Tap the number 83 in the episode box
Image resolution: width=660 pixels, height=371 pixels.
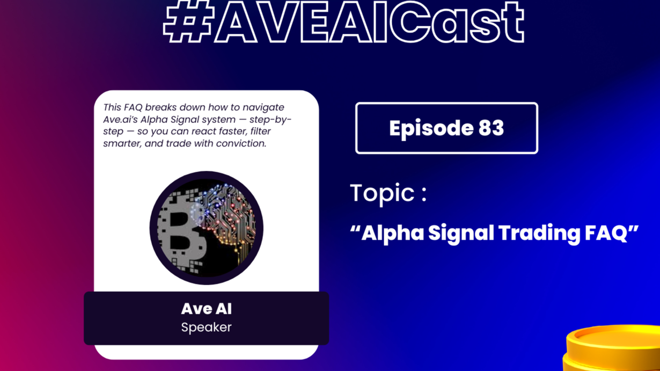tap(491, 128)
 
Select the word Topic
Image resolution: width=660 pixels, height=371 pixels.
tap(382, 193)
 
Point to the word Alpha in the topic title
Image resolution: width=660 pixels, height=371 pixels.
tap(393, 234)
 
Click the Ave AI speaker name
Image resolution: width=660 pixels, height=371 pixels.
tap(206, 309)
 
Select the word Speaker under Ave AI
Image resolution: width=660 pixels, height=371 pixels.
tap(206, 328)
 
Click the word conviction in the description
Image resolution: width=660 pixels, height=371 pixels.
tap(241, 144)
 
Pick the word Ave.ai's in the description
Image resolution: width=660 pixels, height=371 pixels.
tap(120, 120)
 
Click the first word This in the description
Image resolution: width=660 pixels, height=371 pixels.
tap(112, 107)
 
